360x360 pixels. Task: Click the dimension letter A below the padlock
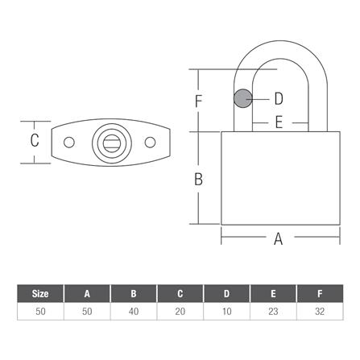pyautogui.click(x=279, y=238)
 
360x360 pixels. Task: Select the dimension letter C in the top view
pyautogui.click(x=35, y=141)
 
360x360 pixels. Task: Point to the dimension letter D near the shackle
pyautogui.click(x=278, y=98)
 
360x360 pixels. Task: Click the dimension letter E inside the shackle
pyautogui.click(x=279, y=123)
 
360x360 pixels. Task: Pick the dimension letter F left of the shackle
pyautogui.click(x=198, y=101)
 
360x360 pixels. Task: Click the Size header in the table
pyautogui.click(x=39, y=293)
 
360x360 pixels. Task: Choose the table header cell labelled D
pyautogui.click(x=226, y=293)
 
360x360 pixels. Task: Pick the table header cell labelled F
pyautogui.click(x=319, y=293)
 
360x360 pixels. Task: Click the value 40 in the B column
pyautogui.click(x=133, y=310)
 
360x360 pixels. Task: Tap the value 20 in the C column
pyautogui.click(x=179, y=310)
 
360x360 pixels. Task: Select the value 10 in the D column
pyautogui.click(x=226, y=310)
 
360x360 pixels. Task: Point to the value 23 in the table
pyautogui.click(x=272, y=310)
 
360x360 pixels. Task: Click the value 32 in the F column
pyautogui.click(x=319, y=310)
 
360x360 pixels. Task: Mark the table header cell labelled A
pyautogui.click(x=86, y=293)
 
